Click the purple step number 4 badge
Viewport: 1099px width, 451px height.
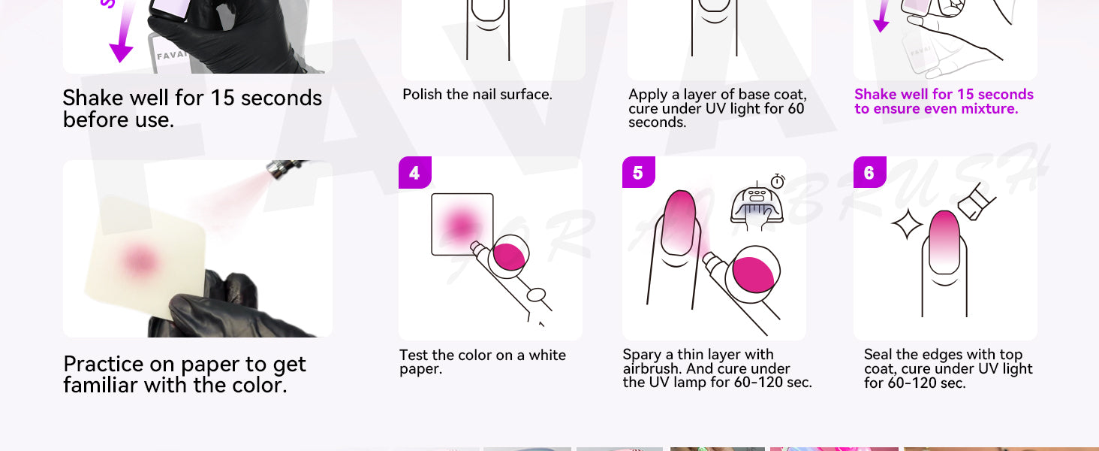click(414, 172)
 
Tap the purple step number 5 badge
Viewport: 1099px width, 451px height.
click(638, 172)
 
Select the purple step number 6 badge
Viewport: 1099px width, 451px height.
click(869, 172)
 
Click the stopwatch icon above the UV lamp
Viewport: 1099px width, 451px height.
click(778, 181)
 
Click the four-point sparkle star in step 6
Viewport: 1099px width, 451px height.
click(907, 224)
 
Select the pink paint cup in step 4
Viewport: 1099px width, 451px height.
click(509, 256)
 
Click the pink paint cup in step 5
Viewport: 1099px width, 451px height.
click(753, 274)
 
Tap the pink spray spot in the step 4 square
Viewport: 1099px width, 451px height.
click(461, 225)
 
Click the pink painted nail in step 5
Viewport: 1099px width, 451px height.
click(678, 222)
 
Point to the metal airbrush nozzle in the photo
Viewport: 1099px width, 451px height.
click(284, 169)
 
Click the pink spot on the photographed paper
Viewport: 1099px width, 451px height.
click(140, 261)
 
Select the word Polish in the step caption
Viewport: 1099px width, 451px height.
click(422, 94)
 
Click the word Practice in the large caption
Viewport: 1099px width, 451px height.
click(103, 365)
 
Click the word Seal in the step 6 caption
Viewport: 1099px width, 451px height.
click(879, 354)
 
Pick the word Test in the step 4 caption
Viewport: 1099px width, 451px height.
click(414, 355)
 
